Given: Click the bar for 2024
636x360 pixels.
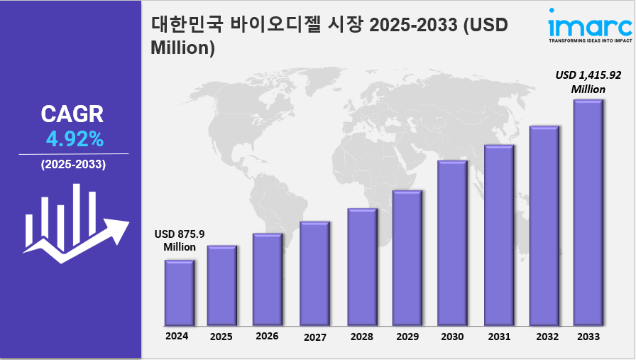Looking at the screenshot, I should (x=180, y=291).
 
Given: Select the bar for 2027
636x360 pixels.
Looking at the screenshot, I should (x=314, y=273).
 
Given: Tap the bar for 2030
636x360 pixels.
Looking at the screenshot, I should (x=452, y=241).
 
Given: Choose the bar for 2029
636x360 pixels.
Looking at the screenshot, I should (x=407, y=256).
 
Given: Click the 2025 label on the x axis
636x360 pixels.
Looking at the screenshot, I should (x=221, y=337).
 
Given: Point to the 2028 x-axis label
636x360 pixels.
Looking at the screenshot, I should (x=361, y=337).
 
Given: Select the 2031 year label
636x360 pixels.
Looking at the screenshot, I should (x=498, y=337).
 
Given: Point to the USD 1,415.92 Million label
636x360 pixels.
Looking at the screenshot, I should (x=588, y=82).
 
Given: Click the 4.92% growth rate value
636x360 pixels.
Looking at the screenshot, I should (x=73, y=138).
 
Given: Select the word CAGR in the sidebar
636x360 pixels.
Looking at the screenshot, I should (x=72, y=114).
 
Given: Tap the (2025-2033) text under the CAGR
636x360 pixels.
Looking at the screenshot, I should (x=73, y=165).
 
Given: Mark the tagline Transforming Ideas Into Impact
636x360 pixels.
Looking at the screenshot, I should (x=590, y=40).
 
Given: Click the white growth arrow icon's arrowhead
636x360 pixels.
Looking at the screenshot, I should (x=116, y=229).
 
